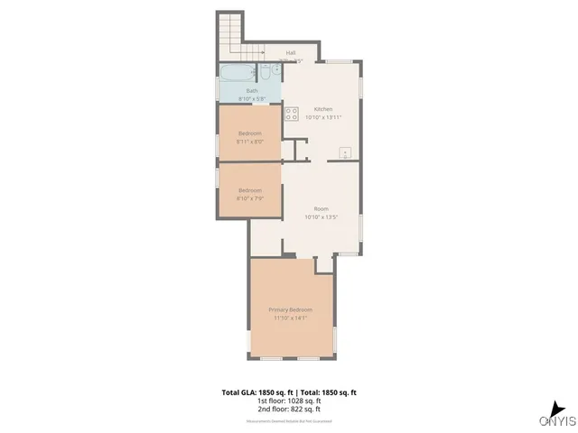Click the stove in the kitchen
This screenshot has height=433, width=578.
[x=292, y=114]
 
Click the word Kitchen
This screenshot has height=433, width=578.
[x=323, y=108]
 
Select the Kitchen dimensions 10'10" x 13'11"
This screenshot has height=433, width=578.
[x=323, y=117]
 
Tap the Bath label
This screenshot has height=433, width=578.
[x=252, y=90]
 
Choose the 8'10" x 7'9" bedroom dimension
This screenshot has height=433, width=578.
[x=250, y=198]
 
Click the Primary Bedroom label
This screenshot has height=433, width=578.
[x=290, y=309]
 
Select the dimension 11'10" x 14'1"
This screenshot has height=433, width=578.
[x=290, y=318]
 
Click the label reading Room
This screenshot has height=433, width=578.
[x=321, y=208]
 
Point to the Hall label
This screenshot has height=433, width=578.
[x=291, y=52]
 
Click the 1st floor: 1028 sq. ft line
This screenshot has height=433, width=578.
[x=289, y=401]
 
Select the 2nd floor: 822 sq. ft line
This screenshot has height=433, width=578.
[x=289, y=410]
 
